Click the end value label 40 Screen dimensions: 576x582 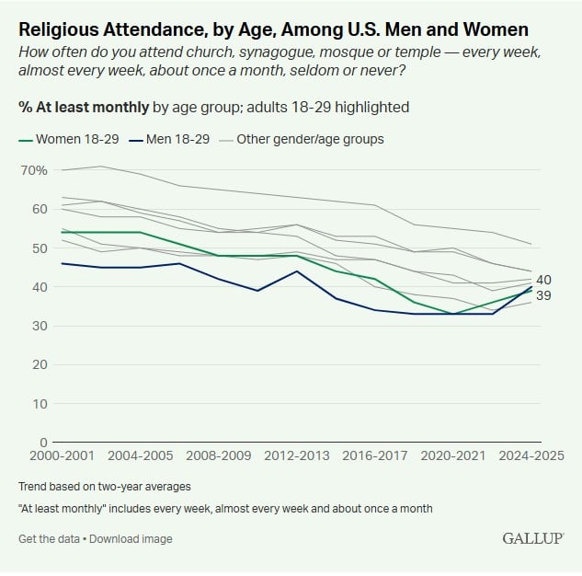pos(543,280)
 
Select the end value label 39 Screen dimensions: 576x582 pos(543,295)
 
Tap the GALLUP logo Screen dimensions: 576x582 pos(532,537)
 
